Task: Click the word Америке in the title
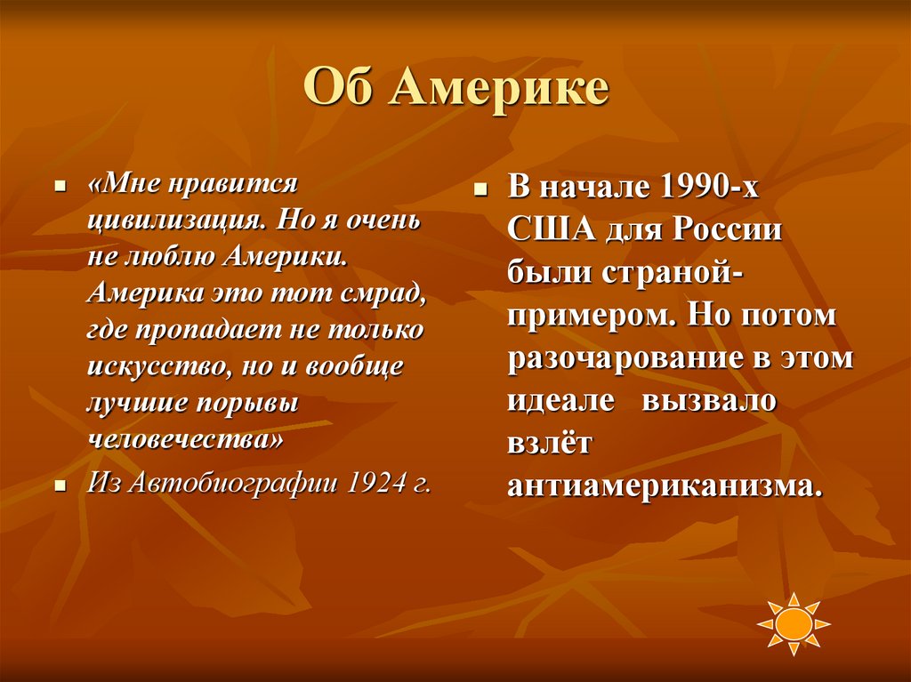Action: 499,89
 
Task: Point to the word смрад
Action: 380,293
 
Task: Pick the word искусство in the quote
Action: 150,366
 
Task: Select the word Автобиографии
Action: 236,484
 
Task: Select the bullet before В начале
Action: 480,191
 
